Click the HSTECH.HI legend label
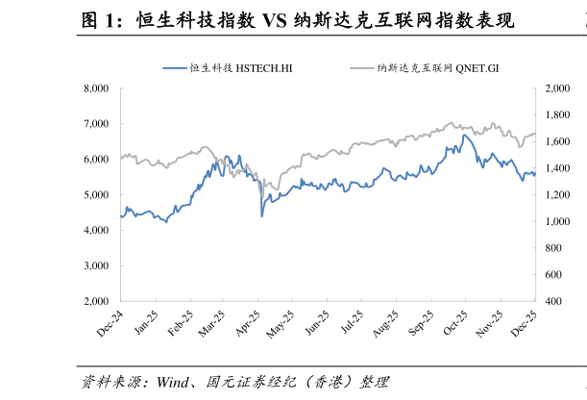pos(241,68)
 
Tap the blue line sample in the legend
pos(174,68)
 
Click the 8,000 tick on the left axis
pos(98,88)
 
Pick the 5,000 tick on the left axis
pos(98,195)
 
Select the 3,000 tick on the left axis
pos(98,265)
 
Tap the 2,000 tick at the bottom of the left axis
pos(98,301)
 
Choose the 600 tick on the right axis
pos(555,275)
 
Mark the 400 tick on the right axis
pos(555,301)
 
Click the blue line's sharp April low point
pos(262,216)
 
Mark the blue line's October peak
pos(464,136)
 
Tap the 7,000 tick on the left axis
pos(98,124)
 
